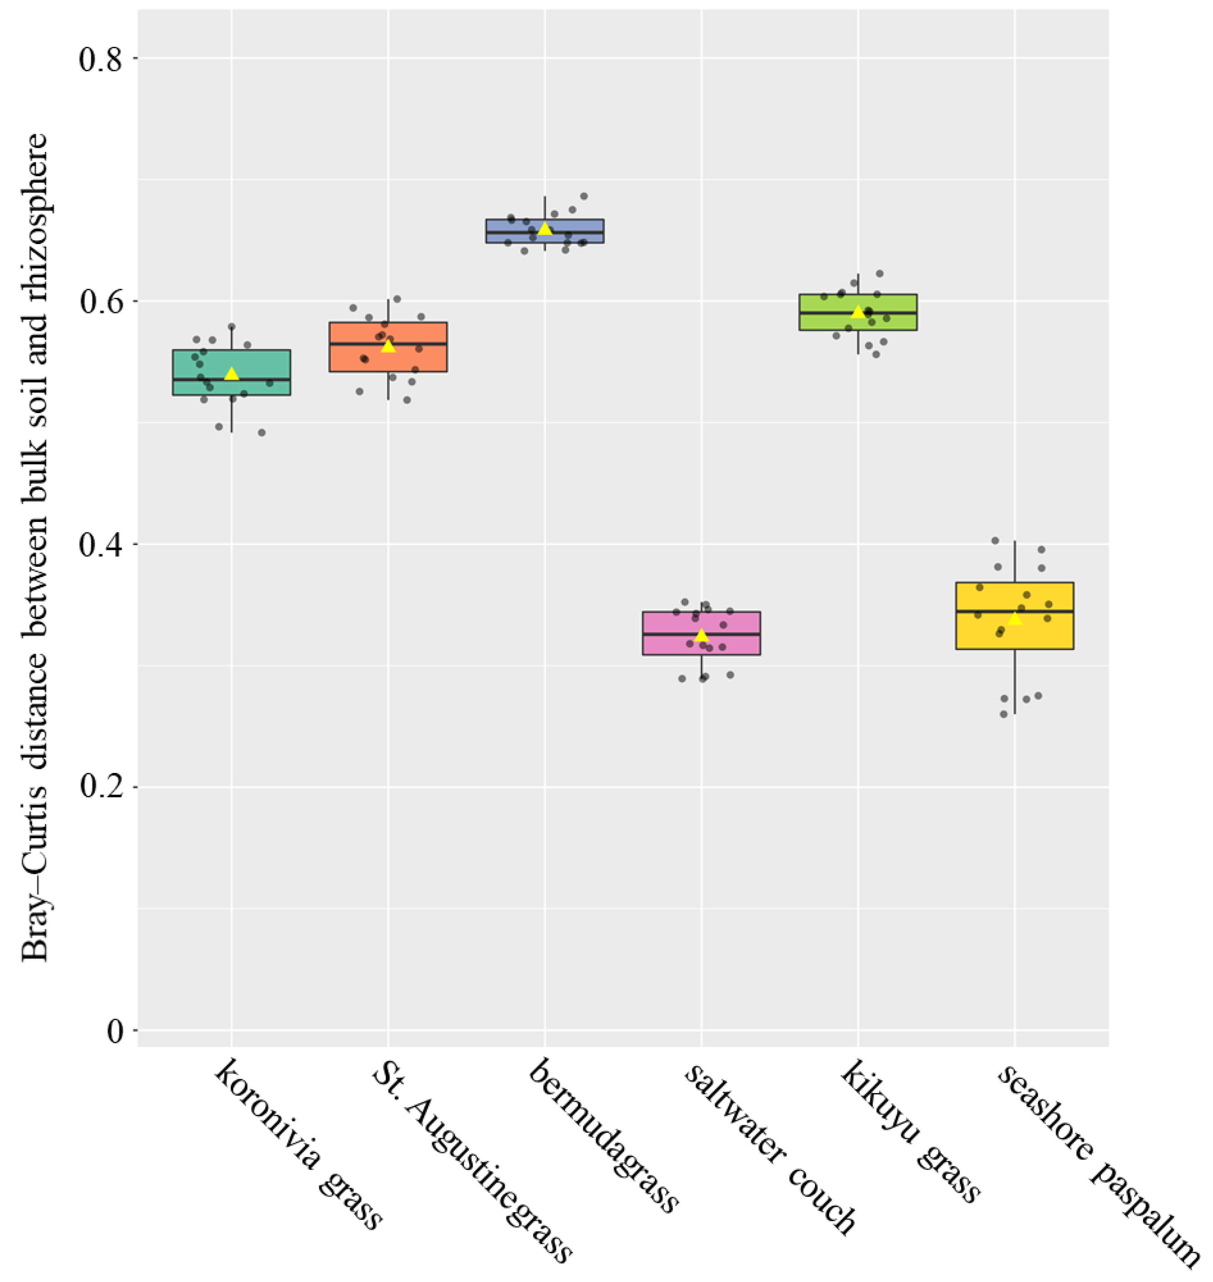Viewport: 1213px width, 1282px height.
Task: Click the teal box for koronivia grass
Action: pos(232,373)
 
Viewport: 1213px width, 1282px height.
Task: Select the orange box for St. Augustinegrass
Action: pos(388,347)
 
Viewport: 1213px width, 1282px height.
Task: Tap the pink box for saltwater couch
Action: pos(702,633)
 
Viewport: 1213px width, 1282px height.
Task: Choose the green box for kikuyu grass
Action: pos(858,312)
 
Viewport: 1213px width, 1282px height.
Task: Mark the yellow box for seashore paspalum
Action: pos(1014,615)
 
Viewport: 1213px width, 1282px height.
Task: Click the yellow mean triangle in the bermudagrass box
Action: pos(545,229)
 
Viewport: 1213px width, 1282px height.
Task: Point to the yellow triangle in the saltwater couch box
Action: pos(702,635)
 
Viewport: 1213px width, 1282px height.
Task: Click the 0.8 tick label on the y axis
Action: pos(100,59)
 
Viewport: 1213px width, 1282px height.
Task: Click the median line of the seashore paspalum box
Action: pos(1014,611)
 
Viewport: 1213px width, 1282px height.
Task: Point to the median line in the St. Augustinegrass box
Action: pos(388,344)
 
